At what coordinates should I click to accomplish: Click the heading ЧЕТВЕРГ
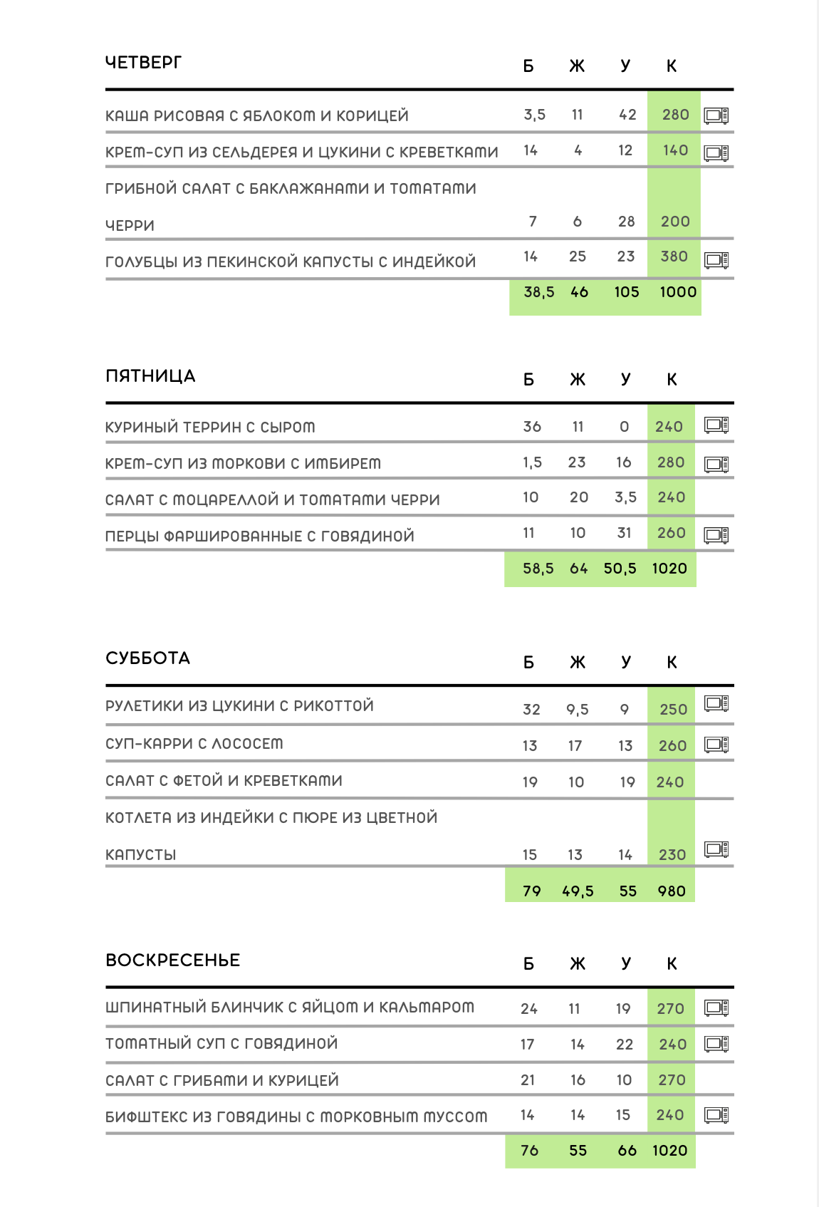[143, 63]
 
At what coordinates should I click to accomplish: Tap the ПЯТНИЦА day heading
[150, 376]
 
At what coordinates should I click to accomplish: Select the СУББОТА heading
[147, 658]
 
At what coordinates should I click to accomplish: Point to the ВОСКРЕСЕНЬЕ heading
[172, 960]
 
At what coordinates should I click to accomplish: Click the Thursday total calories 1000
[678, 292]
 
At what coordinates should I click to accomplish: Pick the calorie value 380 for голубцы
[674, 257]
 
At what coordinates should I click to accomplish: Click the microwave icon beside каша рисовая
[716, 115]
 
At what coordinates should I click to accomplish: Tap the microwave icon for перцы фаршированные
[716, 535]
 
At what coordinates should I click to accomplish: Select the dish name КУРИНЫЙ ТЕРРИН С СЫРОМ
[210, 428]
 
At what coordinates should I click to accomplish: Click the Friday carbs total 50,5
[620, 569]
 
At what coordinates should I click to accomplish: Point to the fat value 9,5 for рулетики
[578, 710]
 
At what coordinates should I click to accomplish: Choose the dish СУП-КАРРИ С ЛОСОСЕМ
[194, 744]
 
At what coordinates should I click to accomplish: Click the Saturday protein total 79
[531, 891]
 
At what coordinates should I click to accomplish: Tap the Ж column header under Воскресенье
[578, 964]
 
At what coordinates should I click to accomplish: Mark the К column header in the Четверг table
[671, 66]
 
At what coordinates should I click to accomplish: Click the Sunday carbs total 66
[627, 1151]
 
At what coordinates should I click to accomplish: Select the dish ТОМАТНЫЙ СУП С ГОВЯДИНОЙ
[221, 1044]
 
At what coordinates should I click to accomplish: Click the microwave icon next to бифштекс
[716, 1115]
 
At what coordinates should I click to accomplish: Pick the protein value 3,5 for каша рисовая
[534, 115]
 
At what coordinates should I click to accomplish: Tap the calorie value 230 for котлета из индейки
[672, 855]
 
